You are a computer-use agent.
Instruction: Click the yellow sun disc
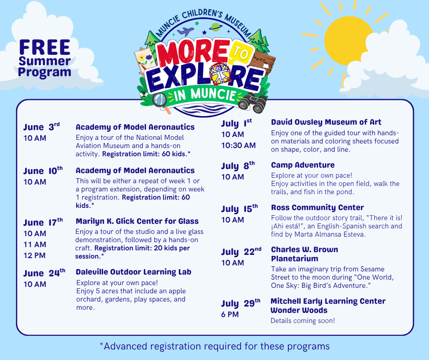pos(347,41)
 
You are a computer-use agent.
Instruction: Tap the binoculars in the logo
pos(252,103)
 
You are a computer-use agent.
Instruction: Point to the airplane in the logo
pos(185,31)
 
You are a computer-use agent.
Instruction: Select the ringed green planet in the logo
pos(216,26)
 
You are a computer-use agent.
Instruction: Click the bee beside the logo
pos(144,95)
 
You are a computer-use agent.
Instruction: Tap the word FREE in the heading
pos(45,48)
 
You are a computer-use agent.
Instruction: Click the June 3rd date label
pos(42,127)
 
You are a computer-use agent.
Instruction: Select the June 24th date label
pos(44,273)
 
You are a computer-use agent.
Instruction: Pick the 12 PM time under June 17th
pos(35,255)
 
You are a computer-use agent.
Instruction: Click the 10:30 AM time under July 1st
pos(239,145)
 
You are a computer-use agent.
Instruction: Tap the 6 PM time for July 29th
pos(230,314)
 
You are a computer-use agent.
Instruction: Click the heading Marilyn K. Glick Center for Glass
pos(137,221)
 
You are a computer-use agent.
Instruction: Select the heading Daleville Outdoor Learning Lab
pos(134,272)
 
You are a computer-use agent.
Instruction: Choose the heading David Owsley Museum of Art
pos(326,122)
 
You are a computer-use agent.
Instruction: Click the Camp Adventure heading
pos(303,165)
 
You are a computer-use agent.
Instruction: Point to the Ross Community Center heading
pos(317,207)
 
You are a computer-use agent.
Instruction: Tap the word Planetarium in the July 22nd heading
pos(295,259)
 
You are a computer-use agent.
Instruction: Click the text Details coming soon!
pos(303,321)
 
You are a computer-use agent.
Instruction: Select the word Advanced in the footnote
pos(126,346)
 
